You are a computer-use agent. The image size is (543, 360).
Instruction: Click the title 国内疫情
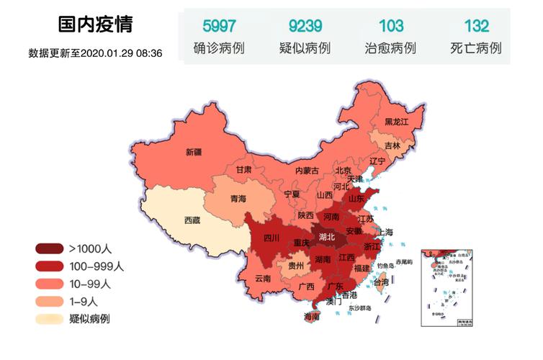coord(95,25)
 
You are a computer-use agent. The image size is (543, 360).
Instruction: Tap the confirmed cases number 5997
coord(219,27)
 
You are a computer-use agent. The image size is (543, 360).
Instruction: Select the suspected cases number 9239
coord(305,27)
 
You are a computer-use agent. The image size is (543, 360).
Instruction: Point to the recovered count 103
coord(391,27)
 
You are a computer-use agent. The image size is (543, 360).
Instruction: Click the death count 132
coord(476,27)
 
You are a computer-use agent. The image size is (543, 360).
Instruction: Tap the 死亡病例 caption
coord(476,49)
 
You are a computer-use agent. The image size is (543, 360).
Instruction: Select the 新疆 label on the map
coord(194,152)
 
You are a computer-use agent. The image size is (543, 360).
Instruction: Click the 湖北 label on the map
coord(326,236)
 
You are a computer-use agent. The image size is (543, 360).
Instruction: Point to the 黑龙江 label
coord(396,122)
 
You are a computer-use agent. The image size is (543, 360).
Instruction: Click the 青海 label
coord(238,198)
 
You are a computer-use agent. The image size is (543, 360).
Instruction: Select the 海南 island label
coord(312,316)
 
